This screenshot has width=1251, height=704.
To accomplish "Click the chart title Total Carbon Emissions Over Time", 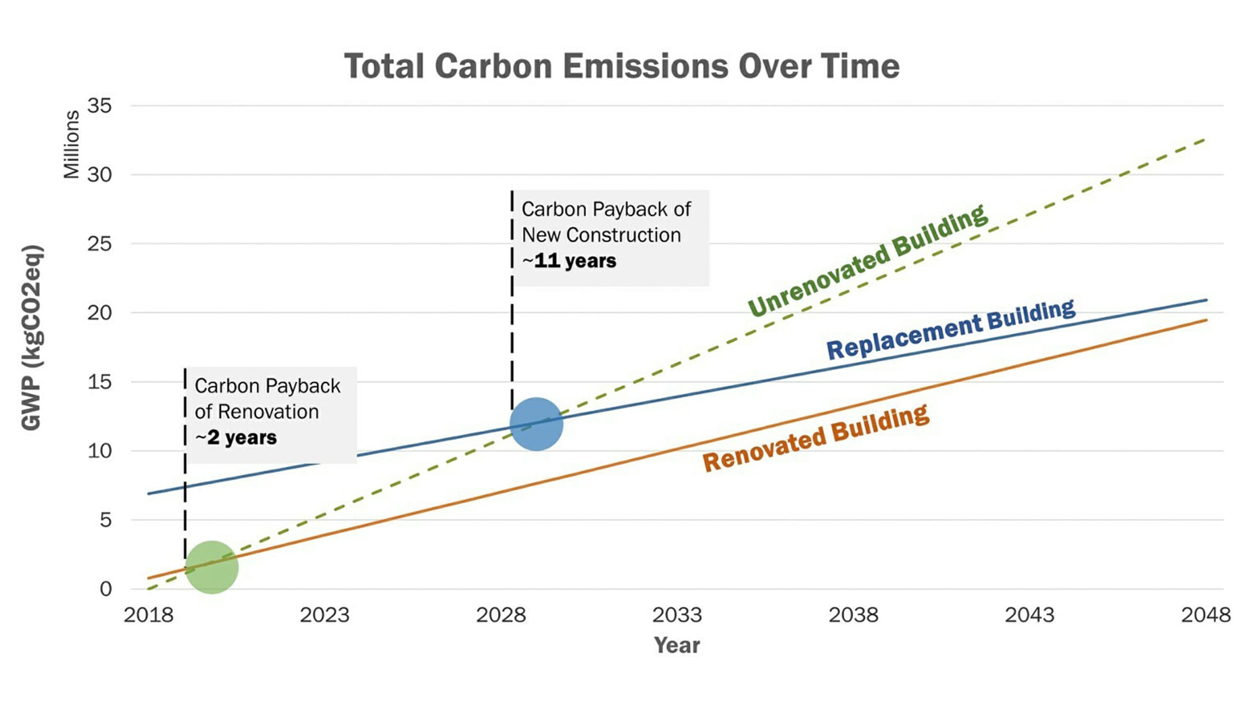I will pyautogui.click(x=622, y=66).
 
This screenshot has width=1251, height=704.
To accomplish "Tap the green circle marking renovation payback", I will pyautogui.click(x=212, y=567).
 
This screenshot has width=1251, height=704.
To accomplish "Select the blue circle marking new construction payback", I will pyautogui.click(x=536, y=424).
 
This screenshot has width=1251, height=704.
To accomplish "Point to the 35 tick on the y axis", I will pyautogui.click(x=100, y=106).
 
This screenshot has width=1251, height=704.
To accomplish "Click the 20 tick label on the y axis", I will pyautogui.click(x=100, y=313).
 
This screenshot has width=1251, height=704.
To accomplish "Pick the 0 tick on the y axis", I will pyautogui.click(x=106, y=589).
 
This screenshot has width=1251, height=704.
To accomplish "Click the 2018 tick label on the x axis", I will pyautogui.click(x=149, y=615).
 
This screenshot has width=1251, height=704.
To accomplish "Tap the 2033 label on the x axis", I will pyautogui.click(x=677, y=615).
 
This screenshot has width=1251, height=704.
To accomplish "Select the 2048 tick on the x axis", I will pyautogui.click(x=1206, y=615).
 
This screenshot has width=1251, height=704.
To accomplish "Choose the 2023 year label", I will pyautogui.click(x=324, y=615).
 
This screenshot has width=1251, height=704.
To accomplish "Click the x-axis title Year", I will pyautogui.click(x=677, y=646).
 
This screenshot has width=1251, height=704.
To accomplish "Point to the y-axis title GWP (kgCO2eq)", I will pyautogui.click(x=32, y=337).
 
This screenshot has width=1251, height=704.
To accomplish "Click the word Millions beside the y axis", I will pyautogui.click(x=71, y=144).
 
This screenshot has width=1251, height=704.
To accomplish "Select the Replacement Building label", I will pyautogui.click(x=951, y=329).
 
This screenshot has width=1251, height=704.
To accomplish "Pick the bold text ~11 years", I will pyautogui.click(x=569, y=260).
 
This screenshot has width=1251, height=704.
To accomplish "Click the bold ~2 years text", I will pyautogui.click(x=236, y=438).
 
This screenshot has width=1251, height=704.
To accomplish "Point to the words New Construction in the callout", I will pyautogui.click(x=602, y=235).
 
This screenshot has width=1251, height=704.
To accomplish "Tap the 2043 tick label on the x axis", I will pyautogui.click(x=1029, y=615).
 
